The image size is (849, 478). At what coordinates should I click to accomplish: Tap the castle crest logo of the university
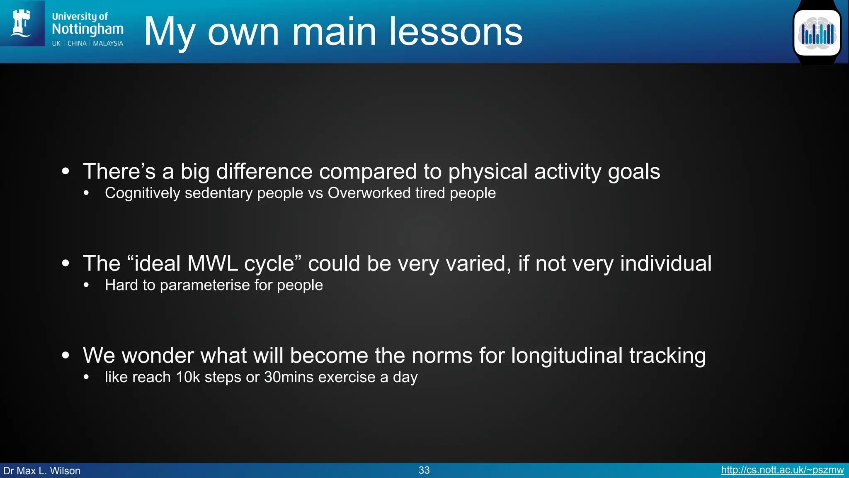coord(22,23)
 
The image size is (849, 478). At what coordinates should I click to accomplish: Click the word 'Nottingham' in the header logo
coord(87,29)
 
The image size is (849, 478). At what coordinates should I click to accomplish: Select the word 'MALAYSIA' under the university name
coord(108,44)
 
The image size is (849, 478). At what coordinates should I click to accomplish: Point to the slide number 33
coord(424,470)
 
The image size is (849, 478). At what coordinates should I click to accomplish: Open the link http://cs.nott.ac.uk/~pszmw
coord(782,470)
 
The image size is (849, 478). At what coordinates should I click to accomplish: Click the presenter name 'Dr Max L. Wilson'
coord(42,471)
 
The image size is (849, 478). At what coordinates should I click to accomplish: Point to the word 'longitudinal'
coord(566,356)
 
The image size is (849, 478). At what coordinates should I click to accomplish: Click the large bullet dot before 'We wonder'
coord(65,355)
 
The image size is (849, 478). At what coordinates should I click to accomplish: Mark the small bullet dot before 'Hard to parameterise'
coord(86,285)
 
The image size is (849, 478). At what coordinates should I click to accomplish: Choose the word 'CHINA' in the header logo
coord(77,44)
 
